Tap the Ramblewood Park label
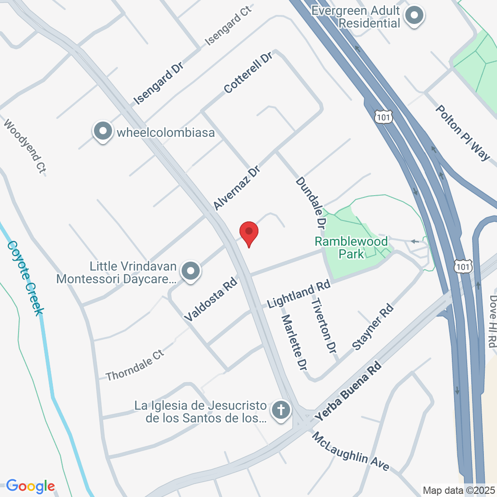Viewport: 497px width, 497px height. (351, 247)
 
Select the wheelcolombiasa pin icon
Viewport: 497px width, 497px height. (103, 131)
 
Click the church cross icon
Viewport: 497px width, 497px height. (281, 410)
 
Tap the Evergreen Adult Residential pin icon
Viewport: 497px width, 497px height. (414, 16)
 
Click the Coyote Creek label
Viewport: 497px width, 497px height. (26, 277)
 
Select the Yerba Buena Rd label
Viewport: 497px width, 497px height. (348, 391)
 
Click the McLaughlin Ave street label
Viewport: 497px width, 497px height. (351, 451)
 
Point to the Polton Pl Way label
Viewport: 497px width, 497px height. (462, 133)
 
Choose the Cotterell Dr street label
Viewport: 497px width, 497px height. (248, 72)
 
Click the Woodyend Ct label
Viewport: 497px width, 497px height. (25, 146)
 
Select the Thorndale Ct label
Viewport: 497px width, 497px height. (135, 365)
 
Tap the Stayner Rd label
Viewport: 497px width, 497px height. (373, 328)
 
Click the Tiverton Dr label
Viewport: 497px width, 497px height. (324, 325)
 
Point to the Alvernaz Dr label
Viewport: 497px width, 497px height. (236, 188)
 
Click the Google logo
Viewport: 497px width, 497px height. (30, 486)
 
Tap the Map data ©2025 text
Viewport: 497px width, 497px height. (459, 490)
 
